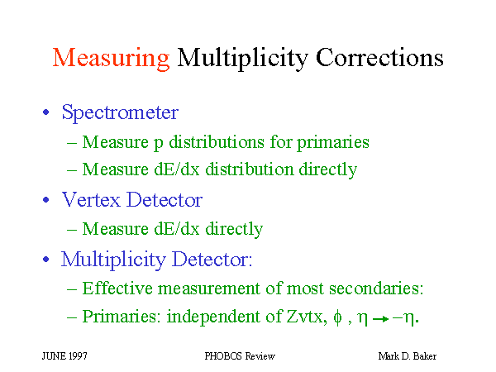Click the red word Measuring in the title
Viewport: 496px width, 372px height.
click(111, 59)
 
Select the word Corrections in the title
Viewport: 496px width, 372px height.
click(379, 57)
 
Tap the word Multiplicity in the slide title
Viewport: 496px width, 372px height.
click(242, 59)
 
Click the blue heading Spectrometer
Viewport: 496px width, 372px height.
click(120, 113)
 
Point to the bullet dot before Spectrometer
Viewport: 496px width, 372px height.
click(46, 112)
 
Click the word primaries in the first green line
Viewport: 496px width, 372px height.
click(333, 143)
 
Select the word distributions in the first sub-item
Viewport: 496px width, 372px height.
click(217, 141)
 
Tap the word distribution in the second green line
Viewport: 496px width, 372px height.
click(250, 169)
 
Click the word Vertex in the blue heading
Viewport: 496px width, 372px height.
click(91, 200)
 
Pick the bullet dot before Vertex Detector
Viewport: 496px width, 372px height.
click(46, 200)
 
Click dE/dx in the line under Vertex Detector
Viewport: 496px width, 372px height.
click(177, 229)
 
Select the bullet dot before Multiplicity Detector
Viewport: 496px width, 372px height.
click(46, 260)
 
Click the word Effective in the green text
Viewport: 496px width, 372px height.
click(117, 289)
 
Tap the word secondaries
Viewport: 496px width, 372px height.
click(376, 289)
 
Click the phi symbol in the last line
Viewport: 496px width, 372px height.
click(337, 317)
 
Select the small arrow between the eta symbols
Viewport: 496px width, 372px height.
click(381, 319)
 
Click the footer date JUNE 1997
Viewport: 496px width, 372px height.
click(64, 356)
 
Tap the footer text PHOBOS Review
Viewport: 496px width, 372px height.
click(240, 356)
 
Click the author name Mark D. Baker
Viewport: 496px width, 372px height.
click(408, 356)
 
